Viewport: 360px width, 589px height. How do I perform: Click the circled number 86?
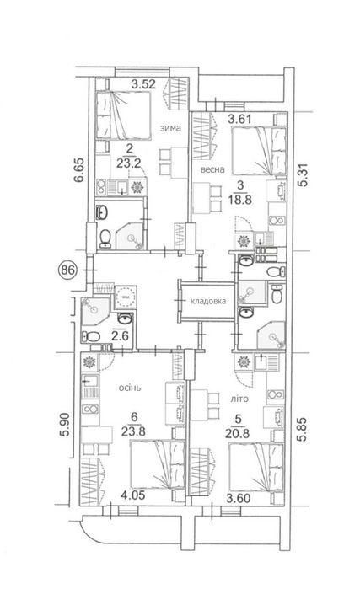(68, 270)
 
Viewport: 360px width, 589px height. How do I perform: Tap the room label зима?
(170, 128)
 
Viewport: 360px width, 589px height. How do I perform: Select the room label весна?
(212, 169)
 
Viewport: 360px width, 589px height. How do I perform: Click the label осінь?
(130, 388)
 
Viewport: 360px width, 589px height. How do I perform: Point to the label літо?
(239, 399)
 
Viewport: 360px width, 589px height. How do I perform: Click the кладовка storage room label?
(208, 301)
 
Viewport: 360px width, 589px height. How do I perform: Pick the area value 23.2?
(130, 163)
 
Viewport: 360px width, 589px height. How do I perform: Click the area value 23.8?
(133, 431)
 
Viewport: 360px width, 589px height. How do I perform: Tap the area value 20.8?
(238, 433)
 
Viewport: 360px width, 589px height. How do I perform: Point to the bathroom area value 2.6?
(120, 335)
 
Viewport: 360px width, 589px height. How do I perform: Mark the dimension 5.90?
(65, 425)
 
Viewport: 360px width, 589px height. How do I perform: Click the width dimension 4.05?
(133, 495)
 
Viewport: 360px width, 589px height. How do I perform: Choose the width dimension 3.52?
(143, 83)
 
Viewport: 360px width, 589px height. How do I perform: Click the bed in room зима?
(123, 115)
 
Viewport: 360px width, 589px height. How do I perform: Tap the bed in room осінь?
(158, 465)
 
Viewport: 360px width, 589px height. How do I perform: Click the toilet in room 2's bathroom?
(105, 238)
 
